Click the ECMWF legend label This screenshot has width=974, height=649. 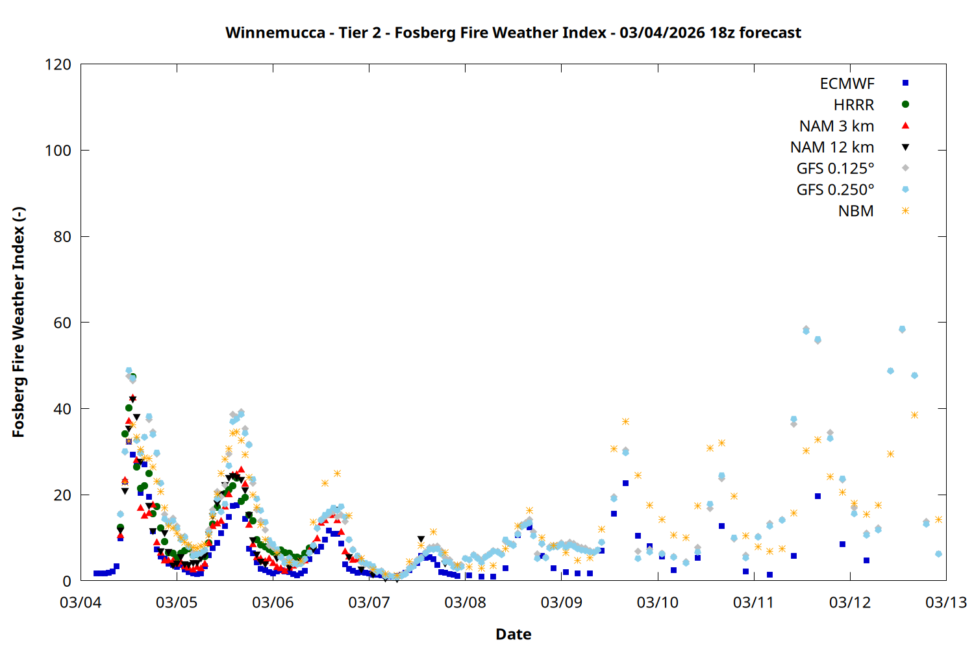point(847,84)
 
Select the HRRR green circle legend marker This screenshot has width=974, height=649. point(905,104)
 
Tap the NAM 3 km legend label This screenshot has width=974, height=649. point(836,126)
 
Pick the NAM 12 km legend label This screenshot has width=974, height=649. point(832,147)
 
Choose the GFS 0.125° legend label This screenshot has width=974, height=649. point(835,169)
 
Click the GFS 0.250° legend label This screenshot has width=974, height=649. point(835,190)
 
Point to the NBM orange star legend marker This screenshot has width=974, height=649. point(905,211)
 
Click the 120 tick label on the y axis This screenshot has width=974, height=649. point(58,64)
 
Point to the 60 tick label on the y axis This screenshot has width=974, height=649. point(62,323)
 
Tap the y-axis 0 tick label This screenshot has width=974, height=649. point(67,581)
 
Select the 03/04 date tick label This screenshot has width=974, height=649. point(81,602)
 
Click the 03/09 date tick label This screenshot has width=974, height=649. point(562,602)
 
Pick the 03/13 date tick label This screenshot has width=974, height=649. point(945,602)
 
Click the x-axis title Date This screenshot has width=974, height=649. point(513,634)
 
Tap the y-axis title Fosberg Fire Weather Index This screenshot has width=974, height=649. point(18,323)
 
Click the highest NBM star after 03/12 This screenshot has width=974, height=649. point(914,415)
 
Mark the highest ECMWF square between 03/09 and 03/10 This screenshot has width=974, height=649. point(625,483)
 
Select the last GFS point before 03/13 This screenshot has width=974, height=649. point(938,554)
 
